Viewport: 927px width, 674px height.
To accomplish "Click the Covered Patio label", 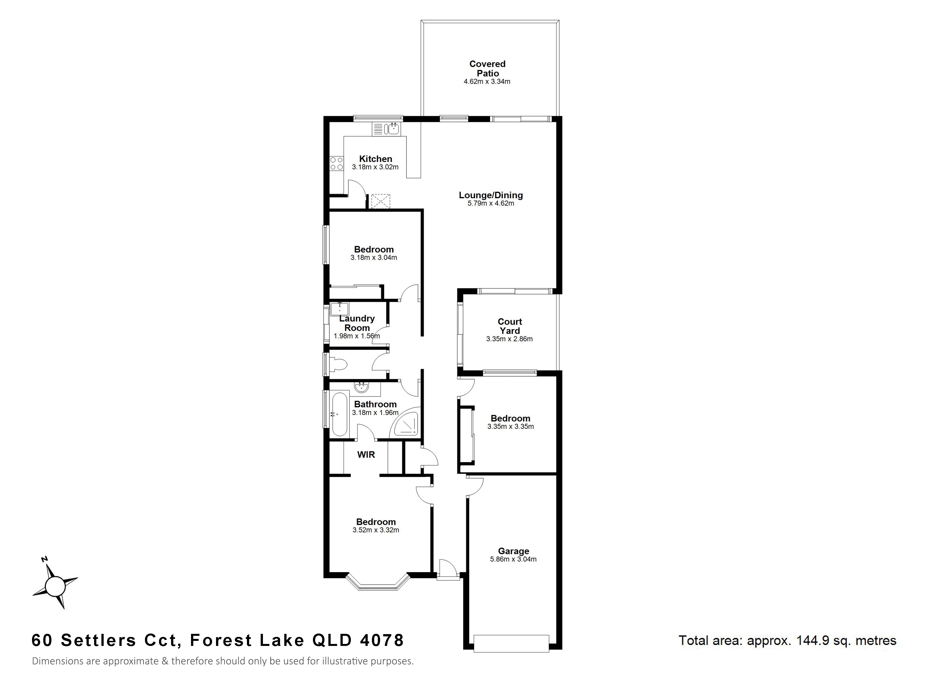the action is pyautogui.click(x=487, y=69).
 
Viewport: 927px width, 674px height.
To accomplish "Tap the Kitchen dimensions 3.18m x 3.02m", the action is pyautogui.click(x=375, y=167).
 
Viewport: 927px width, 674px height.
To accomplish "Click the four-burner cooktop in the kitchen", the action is pyautogui.click(x=337, y=163).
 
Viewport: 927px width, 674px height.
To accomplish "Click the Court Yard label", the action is pyautogui.click(x=510, y=326).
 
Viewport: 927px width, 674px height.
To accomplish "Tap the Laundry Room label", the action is pyautogui.click(x=357, y=323).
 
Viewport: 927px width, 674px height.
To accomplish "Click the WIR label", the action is pyautogui.click(x=366, y=454).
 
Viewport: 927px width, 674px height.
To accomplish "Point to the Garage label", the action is pyautogui.click(x=514, y=551).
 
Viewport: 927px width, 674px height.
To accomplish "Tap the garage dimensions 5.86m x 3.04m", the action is pyautogui.click(x=514, y=559).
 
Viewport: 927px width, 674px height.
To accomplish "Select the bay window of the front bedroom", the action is pyautogui.click(x=378, y=582).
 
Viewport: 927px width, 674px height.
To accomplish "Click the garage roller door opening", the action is pyautogui.click(x=511, y=644).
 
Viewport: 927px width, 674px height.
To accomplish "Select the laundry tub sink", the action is pyautogui.click(x=339, y=309).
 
